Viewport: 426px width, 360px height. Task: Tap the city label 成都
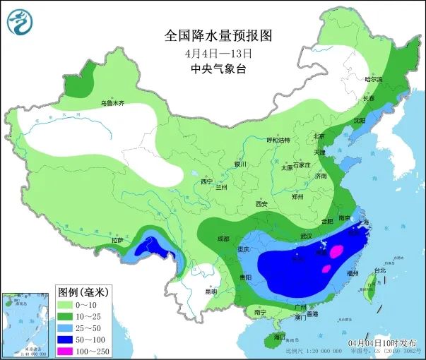223,239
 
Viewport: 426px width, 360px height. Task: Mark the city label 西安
262,203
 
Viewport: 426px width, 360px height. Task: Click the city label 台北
380,270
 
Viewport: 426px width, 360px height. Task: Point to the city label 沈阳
360,121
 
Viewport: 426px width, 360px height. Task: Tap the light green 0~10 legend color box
67,304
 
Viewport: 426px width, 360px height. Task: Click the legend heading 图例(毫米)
82,292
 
